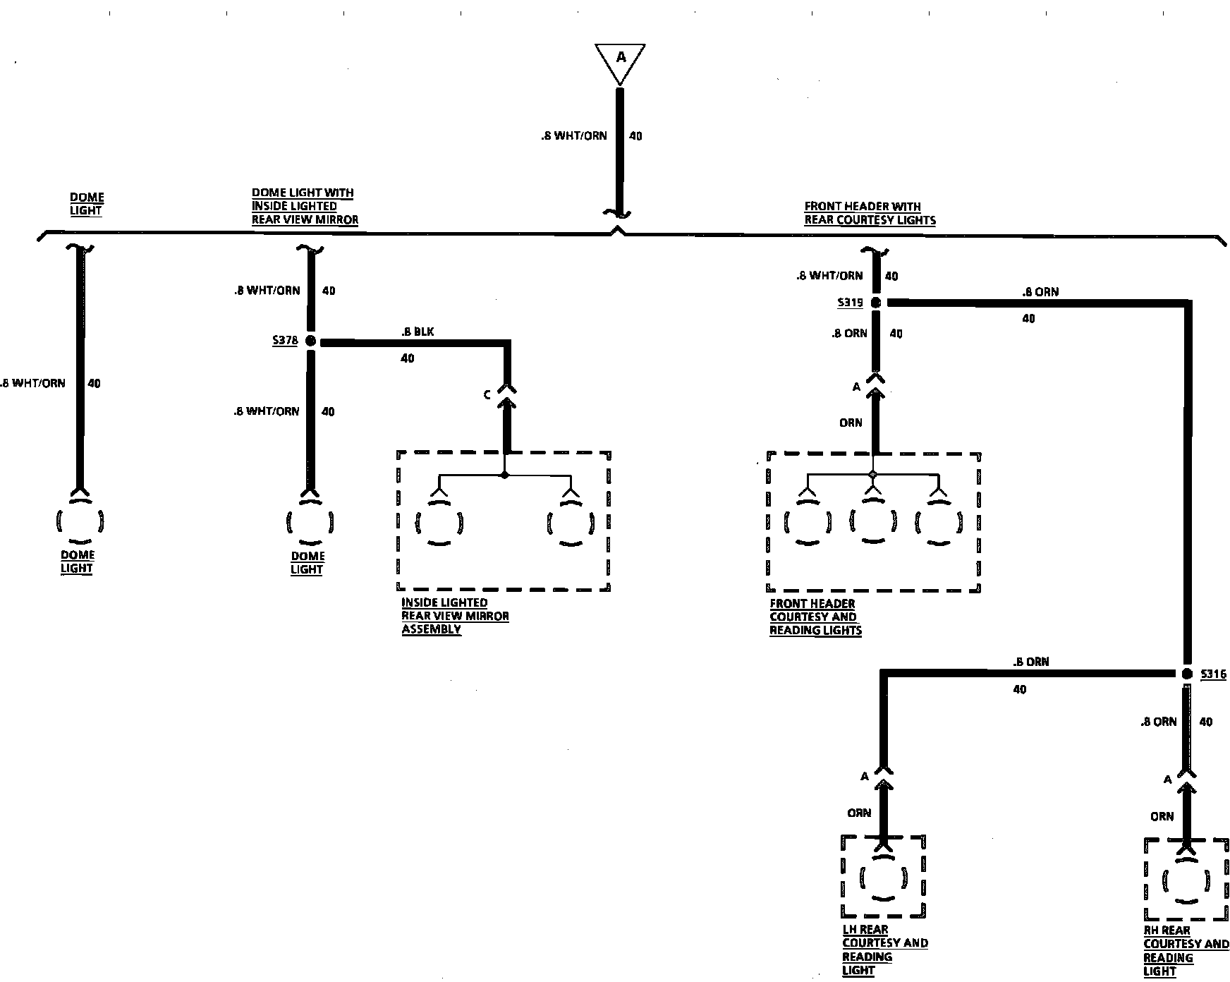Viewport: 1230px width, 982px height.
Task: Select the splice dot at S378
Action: click(310, 341)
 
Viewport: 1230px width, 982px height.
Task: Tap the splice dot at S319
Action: click(875, 303)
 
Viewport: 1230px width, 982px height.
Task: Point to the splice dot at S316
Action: click(1186, 674)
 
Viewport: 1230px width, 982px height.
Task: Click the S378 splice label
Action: click(285, 341)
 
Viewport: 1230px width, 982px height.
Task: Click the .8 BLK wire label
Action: click(418, 332)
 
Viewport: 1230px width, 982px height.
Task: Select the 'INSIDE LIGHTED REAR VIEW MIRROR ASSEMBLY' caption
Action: click(455, 616)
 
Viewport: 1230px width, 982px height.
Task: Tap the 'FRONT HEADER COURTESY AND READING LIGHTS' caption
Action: click(815, 617)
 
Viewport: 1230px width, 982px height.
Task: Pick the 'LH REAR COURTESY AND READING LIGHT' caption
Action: click(884, 950)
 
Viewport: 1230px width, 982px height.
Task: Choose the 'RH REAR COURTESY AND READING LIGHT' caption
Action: click(1186, 951)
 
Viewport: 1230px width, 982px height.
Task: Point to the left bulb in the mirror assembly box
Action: click(439, 523)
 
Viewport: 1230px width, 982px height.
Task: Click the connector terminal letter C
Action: click(487, 395)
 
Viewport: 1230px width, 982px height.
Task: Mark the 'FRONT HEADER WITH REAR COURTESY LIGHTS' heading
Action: click(870, 213)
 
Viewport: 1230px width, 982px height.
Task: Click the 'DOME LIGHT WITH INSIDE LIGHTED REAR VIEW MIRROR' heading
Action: click(305, 206)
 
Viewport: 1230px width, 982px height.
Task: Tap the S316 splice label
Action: click(1213, 674)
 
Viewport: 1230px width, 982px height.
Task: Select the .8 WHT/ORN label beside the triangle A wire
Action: click(573, 135)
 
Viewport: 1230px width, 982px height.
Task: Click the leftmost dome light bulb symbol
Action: click(79, 521)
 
